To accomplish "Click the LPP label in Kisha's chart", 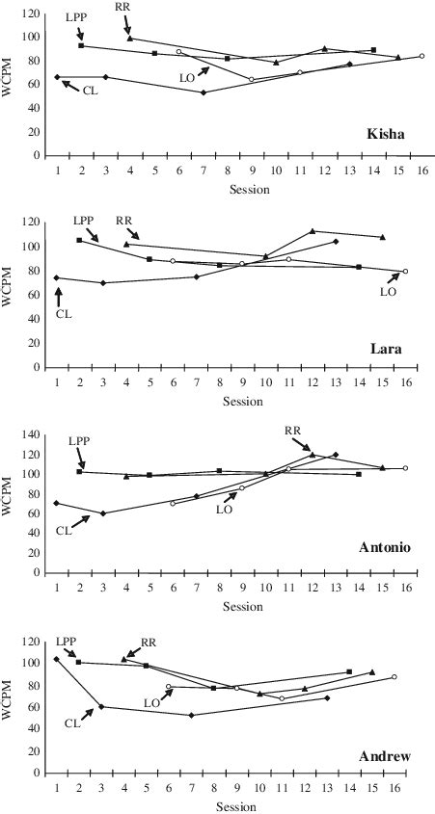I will pos(77,18).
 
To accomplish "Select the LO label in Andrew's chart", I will pos(152,703).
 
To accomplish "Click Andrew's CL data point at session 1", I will pos(57,659).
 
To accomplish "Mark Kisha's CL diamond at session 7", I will pos(203,92).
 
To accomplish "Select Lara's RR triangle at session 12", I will pos(313,231).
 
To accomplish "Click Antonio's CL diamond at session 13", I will pos(335,455).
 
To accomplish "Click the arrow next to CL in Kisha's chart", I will pos(68,84).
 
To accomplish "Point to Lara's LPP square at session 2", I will pos(80,240).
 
